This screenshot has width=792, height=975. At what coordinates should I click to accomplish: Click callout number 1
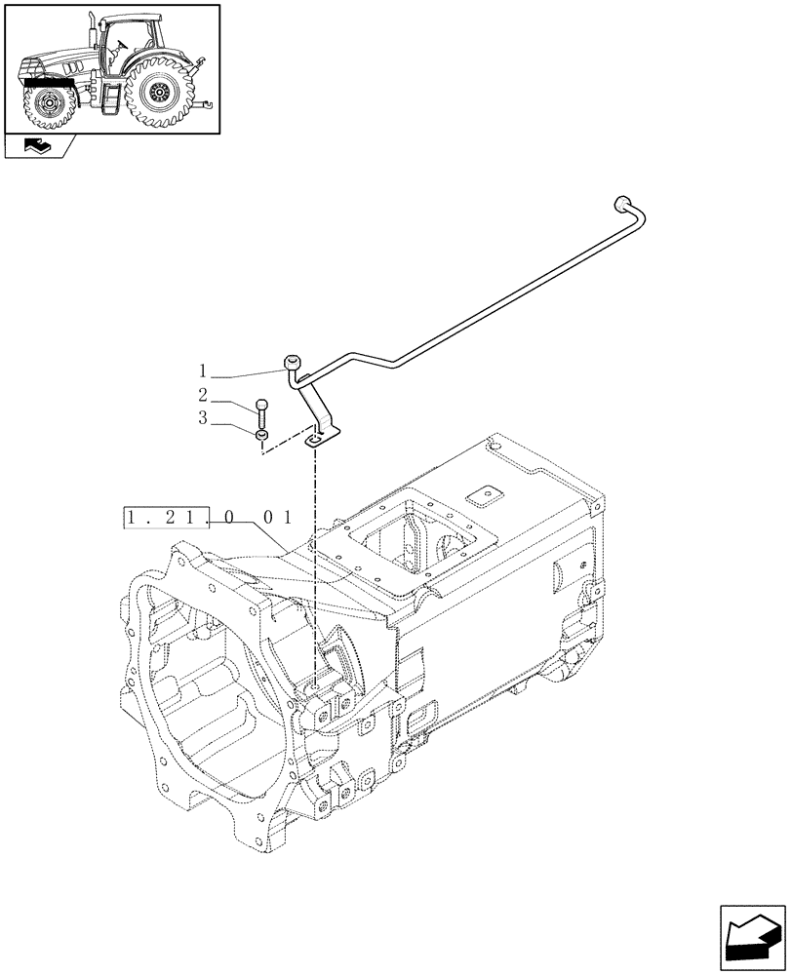(203, 371)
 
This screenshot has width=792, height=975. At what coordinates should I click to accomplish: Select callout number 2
(203, 395)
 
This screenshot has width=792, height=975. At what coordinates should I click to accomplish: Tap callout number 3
(203, 417)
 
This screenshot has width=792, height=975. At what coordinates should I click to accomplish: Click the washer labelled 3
(261, 435)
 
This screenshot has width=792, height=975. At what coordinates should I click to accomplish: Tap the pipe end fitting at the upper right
(617, 204)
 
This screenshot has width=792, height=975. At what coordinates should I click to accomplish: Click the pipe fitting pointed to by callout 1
(293, 364)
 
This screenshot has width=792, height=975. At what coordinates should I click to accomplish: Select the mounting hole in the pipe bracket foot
(314, 441)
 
